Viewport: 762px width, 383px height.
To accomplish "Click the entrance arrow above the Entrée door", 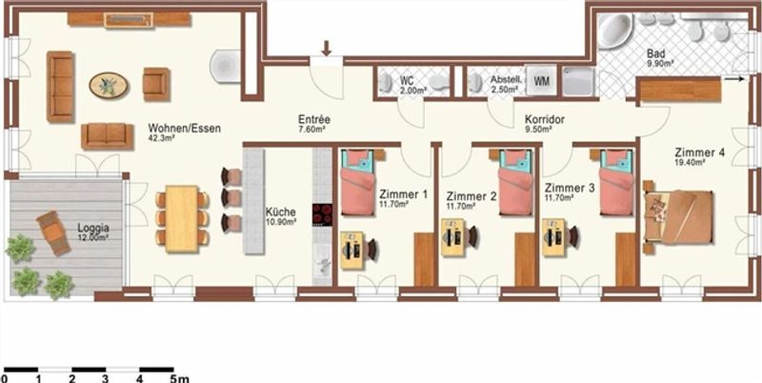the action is click(326, 49).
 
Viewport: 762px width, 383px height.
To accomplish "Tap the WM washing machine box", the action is click(541, 81).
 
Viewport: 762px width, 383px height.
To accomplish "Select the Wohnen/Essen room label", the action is click(184, 129).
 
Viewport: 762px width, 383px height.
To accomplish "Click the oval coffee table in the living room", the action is click(109, 86).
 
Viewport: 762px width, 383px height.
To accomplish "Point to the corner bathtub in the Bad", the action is click(614, 30).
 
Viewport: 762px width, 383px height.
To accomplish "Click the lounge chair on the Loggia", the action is click(53, 232).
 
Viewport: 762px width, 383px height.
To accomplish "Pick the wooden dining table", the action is click(181, 219).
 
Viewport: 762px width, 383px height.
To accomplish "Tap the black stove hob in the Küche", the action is click(322, 214).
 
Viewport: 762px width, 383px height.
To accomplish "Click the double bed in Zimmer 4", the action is click(679, 217).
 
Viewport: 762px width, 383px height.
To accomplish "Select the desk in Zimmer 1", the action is click(351, 251).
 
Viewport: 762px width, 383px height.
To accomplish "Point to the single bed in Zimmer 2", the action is click(516, 182).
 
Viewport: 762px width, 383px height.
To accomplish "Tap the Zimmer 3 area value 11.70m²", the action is click(559, 198).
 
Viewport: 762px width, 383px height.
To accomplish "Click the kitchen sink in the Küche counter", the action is click(322, 265).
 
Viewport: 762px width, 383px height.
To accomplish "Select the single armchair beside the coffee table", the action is click(156, 84).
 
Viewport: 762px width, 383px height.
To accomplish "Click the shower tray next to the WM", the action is click(578, 81).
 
